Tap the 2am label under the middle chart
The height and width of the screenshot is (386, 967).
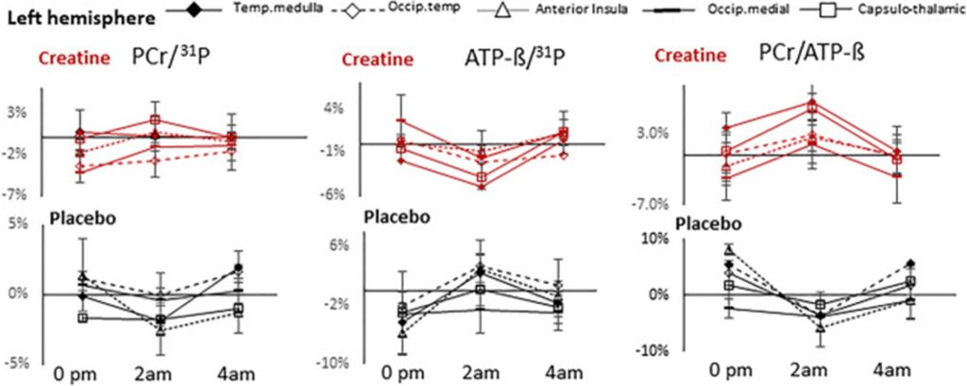point(483,374)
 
